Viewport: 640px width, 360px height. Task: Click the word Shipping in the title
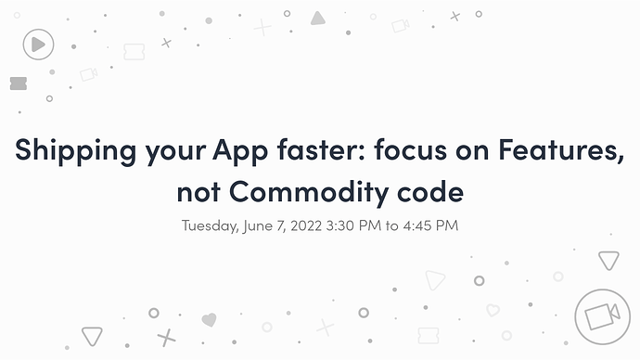(x=75, y=151)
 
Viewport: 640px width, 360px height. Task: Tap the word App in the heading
(x=240, y=151)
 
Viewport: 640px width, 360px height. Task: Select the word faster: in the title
(x=321, y=149)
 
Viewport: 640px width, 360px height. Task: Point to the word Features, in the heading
(x=561, y=150)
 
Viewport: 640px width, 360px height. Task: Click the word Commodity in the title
(x=308, y=192)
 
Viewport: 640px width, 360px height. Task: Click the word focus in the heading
(x=410, y=149)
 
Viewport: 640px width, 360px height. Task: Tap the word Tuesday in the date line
(x=211, y=225)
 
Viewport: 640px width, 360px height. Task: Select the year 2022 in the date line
(x=306, y=225)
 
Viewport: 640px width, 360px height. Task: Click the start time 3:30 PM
(x=353, y=225)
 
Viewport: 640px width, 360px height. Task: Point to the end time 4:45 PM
(x=430, y=225)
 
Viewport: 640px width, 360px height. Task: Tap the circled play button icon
(x=38, y=45)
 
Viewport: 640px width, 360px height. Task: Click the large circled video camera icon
(x=603, y=316)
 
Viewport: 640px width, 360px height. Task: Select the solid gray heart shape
(x=209, y=319)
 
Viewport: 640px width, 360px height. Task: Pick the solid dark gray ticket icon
(x=19, y=84)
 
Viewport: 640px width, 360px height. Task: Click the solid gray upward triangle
(x=317, y=19)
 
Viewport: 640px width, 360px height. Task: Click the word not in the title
(x=198, y=192)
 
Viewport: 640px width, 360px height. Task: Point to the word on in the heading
(x=472, y=151)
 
